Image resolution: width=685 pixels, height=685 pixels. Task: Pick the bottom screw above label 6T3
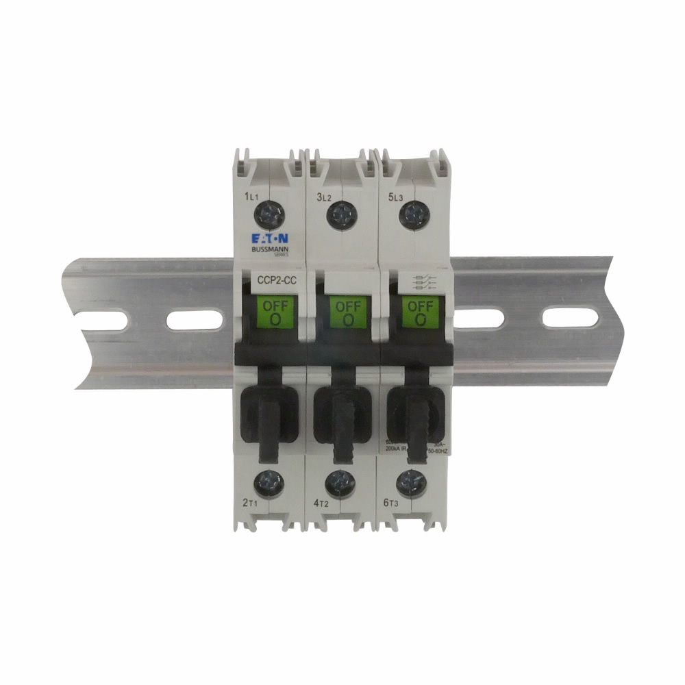(x=410, y=483)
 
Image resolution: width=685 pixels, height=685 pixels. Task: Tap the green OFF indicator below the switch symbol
(x=420, y=312)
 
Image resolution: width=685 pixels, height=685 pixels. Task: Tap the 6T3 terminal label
(x=391, y=503)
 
